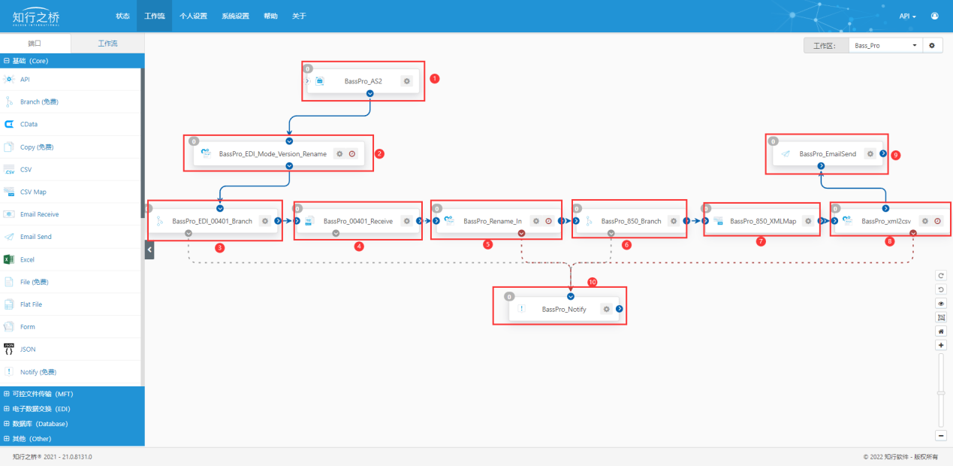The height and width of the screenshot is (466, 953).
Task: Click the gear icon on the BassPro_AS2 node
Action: pos(407,81)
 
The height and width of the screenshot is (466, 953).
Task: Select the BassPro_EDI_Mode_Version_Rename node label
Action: pos(273,154)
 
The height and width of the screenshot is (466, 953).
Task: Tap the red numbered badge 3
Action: pos(219,247)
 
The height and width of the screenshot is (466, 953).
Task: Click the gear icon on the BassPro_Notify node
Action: pos(606,309)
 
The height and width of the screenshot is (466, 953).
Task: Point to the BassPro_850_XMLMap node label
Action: pos(763,221)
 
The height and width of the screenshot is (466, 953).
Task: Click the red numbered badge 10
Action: pos(593,282)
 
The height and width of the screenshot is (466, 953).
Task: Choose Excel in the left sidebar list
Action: pos(27,259)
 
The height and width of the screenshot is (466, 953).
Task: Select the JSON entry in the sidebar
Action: pos(28,349)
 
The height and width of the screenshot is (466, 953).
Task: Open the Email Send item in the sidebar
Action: pos(36,237)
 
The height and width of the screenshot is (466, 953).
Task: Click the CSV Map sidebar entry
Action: pos(33,192)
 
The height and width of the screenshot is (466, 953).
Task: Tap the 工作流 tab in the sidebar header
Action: pos(107,44)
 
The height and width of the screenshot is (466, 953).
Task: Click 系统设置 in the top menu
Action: pos(235,17)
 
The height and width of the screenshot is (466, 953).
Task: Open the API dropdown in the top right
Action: pos(907,17)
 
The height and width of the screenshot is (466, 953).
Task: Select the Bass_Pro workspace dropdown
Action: pos(885,46)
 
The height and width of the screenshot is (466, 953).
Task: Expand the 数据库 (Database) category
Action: pos(40,424)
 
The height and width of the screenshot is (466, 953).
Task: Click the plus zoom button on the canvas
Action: pos(941,345)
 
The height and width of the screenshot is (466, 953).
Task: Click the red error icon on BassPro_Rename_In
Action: pos(548,221)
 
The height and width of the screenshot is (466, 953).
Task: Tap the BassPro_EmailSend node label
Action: pos(828,154)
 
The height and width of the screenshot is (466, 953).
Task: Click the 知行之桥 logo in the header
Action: pos(36,17)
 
